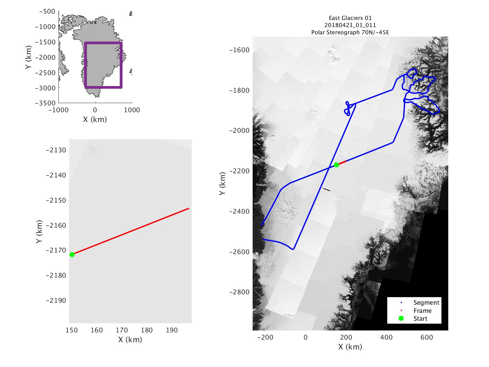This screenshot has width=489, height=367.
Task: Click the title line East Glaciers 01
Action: click(350, 18)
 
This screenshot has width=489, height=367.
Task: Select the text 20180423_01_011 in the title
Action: click(350, 25)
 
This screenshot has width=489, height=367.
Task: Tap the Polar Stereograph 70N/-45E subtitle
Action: click(350, 32)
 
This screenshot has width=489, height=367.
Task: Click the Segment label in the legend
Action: click(426, 302)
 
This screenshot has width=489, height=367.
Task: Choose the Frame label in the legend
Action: click(422, 311)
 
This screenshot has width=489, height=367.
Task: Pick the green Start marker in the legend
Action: click(401, 318)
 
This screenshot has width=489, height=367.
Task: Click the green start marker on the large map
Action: click(336, 165)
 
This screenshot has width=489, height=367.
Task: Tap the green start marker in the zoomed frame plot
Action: click(72, 254)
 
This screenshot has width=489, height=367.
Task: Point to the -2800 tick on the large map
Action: click(239, 292)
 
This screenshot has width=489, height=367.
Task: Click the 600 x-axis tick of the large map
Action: click(426, 337)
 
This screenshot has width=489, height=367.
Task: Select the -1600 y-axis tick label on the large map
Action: click(239, 50)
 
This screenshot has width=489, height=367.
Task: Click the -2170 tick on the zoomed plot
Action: click(56, 251)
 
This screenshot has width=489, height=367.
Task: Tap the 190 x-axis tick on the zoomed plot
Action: click(172, 330)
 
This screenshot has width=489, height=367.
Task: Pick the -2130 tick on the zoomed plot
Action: click(56, 150)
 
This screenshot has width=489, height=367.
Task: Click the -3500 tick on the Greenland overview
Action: click(47, 103)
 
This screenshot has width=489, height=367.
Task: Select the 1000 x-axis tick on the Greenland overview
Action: click(132, 110)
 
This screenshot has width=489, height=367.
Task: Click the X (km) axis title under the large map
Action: click(350, 346)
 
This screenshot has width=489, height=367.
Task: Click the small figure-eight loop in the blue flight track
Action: click(348, 109)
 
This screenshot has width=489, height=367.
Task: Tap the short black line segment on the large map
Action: click(326, 189)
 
